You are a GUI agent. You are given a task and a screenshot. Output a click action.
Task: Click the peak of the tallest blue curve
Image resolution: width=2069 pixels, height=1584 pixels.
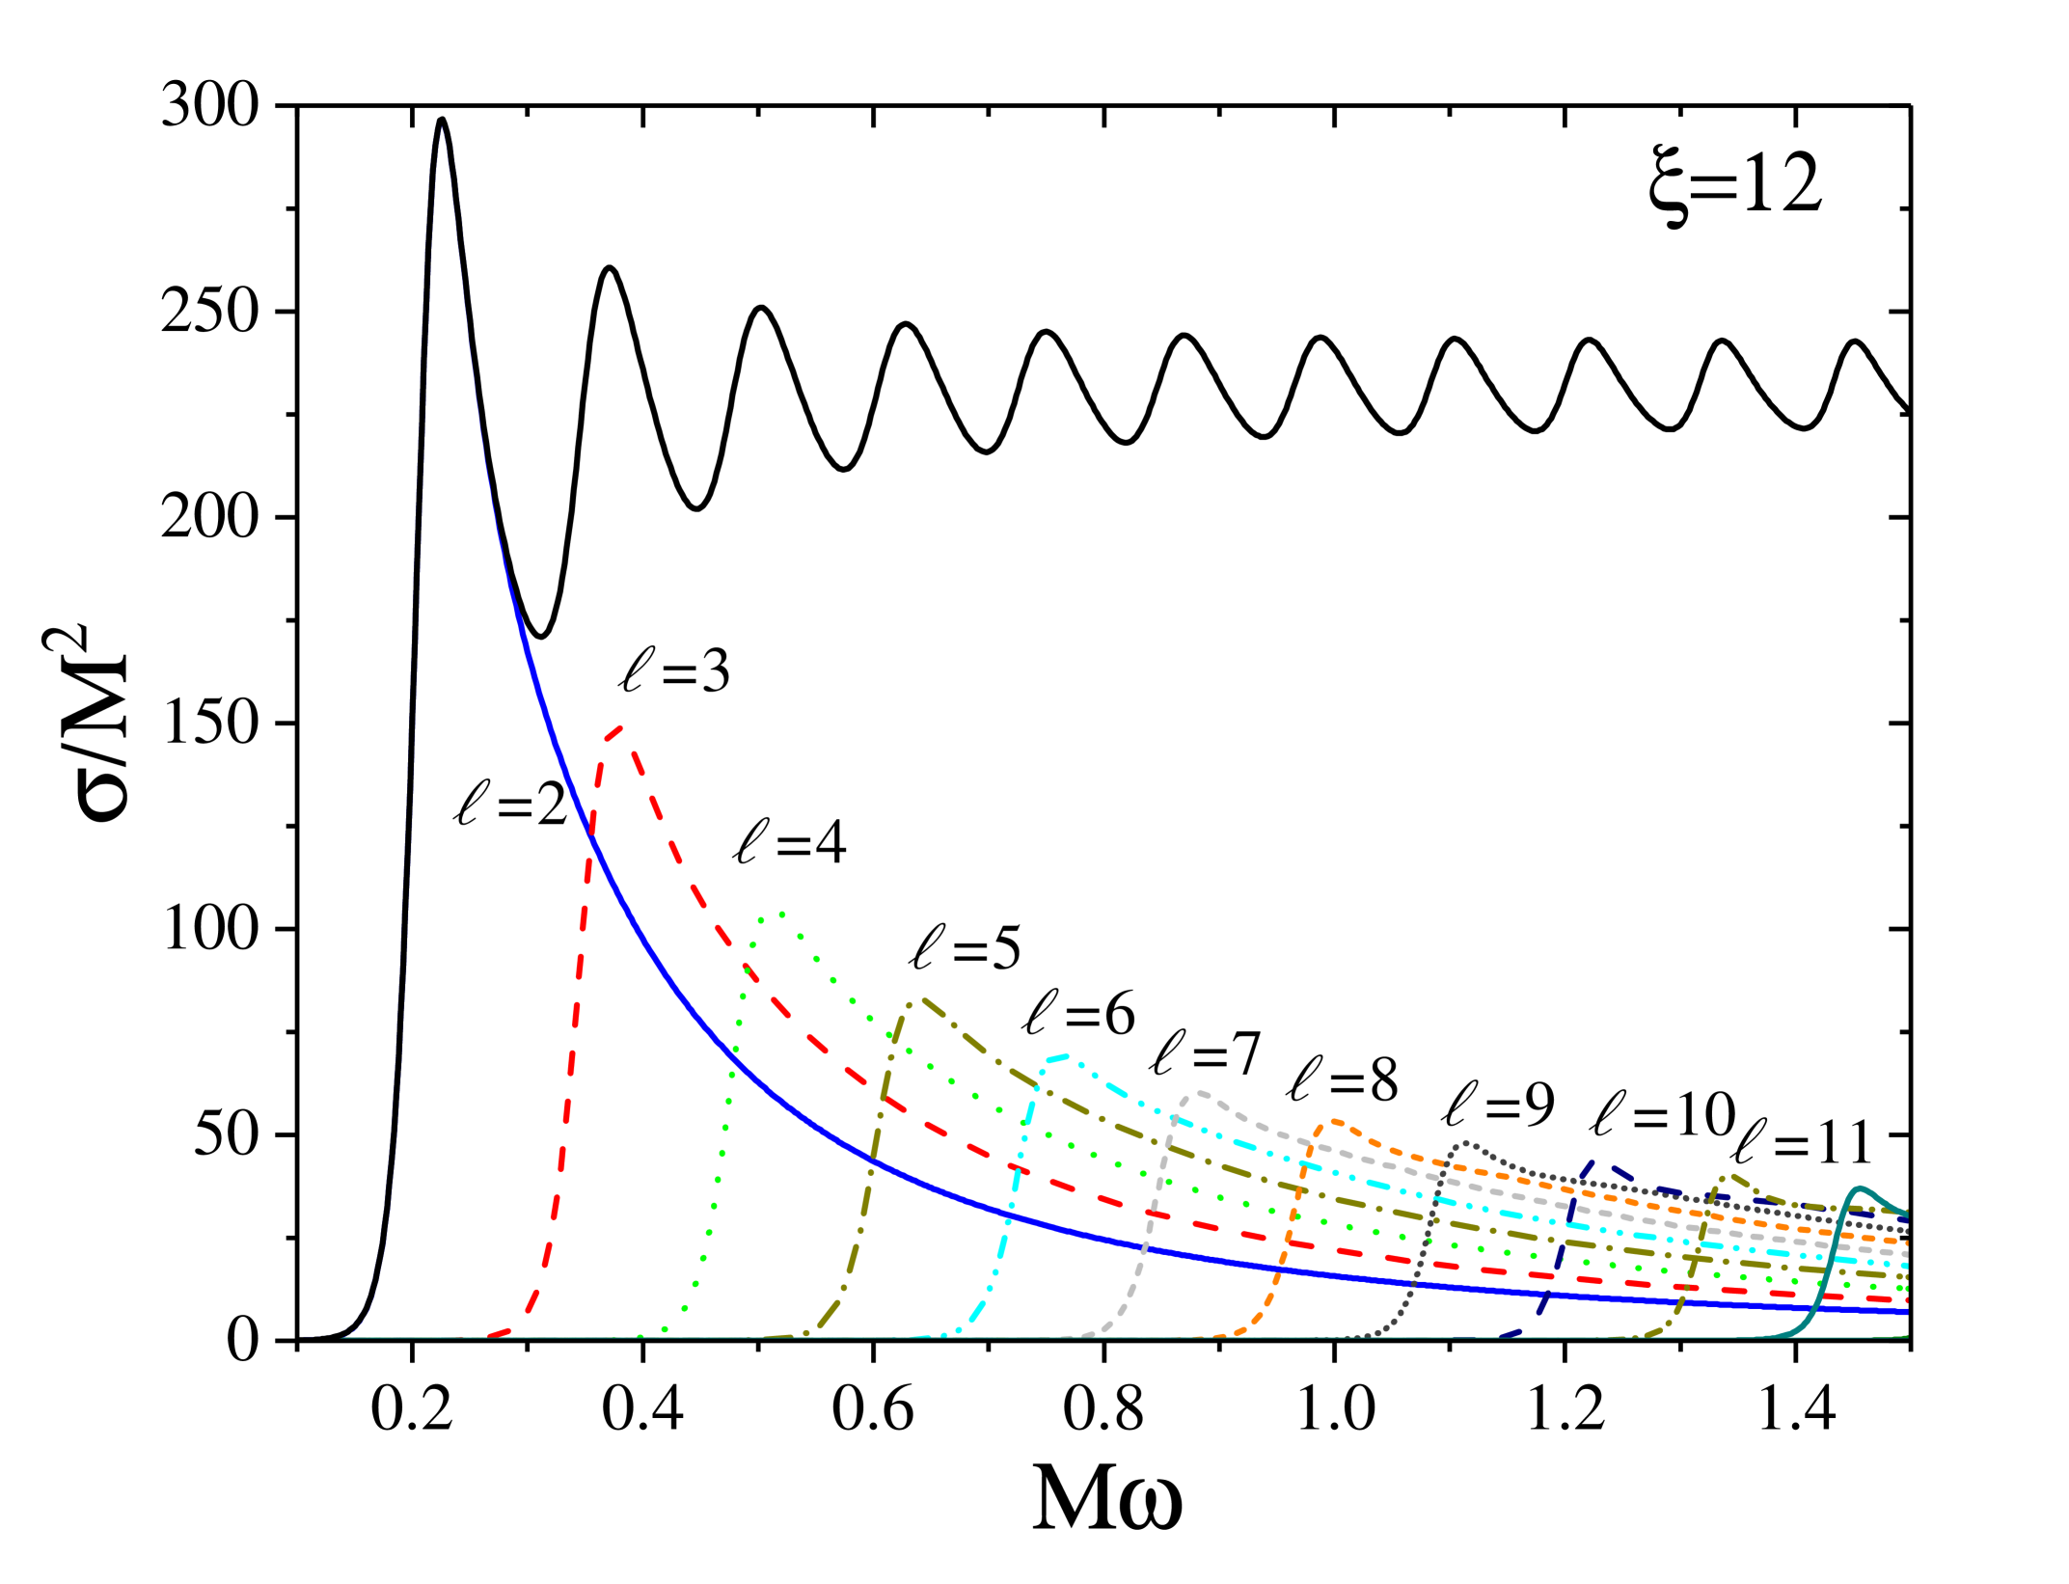click(x=442, y=126)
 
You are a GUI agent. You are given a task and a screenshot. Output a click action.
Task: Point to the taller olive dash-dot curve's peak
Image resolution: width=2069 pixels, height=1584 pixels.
click(x=922, y=999)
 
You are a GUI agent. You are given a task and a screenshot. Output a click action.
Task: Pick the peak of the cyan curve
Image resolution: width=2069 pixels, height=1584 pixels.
click(x=1066, y=1055)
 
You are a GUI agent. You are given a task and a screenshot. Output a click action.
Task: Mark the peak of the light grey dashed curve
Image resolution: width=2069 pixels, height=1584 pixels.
click(x=1199, y=1092)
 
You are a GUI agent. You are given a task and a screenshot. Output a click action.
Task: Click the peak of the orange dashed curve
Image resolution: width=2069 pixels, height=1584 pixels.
click(x=1334, y=1120)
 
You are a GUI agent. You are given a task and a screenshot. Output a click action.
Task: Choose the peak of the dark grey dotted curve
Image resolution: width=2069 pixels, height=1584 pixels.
click(x=1466, y=1142)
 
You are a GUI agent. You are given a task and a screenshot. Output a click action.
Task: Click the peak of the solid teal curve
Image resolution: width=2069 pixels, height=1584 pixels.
click(x=1860, y=1188)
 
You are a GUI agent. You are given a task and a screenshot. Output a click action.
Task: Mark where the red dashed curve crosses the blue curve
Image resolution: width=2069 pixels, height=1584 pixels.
click(x=591, y=837)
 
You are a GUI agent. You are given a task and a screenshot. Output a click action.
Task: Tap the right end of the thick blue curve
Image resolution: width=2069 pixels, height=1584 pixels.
click(x=1907, y=1311)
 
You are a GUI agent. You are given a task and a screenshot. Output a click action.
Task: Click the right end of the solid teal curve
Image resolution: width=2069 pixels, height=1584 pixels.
click(x=1907, y=1213)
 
